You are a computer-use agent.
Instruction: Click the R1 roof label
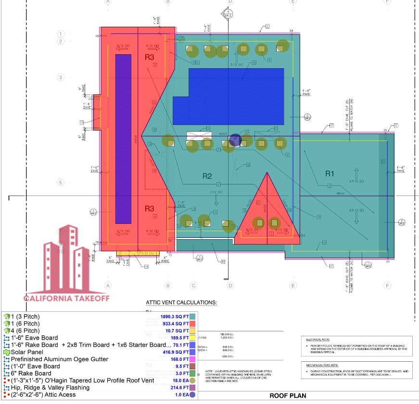(329, 173)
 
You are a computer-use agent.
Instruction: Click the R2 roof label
(206, 176)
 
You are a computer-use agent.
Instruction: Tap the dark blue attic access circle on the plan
(235, 140)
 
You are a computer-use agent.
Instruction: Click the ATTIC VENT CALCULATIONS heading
(181, 303)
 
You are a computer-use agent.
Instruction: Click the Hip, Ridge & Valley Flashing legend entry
(53, 388)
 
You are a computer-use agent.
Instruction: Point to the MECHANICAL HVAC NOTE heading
(323, 366)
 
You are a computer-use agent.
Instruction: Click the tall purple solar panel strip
(123, 139)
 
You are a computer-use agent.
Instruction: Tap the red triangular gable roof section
(266, 211)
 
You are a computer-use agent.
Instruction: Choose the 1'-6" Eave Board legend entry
(34, 338)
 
